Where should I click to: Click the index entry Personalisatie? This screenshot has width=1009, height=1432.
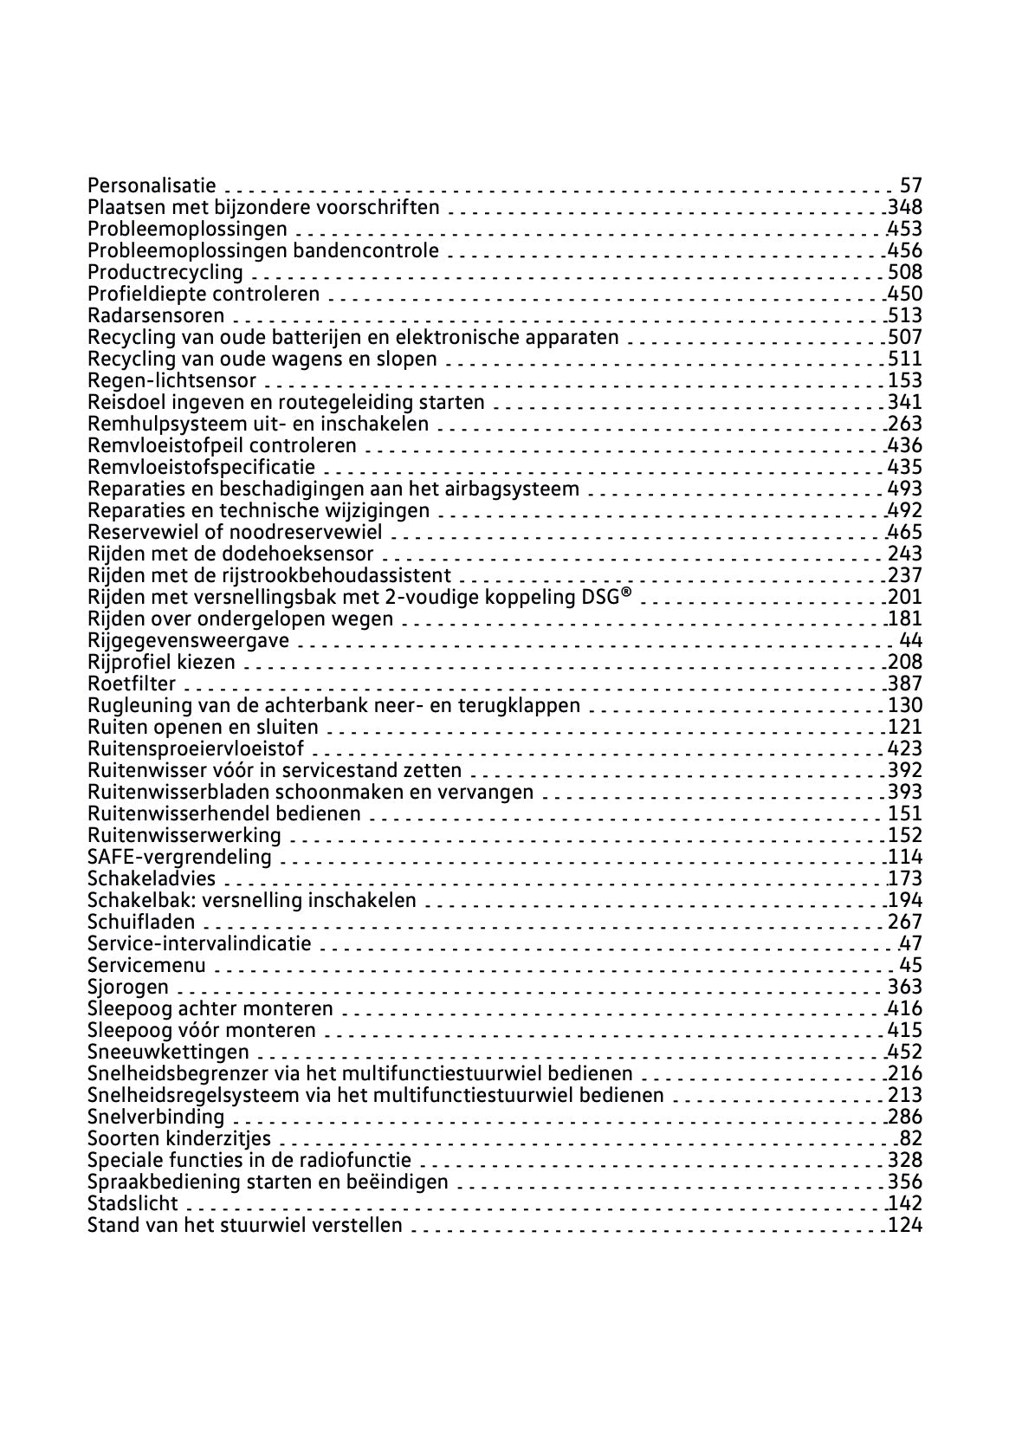152,185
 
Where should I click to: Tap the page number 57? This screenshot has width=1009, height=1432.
911,185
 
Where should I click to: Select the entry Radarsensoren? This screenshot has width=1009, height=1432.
156,315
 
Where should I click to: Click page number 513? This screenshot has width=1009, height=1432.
906,315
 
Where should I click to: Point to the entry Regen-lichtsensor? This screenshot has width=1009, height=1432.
172,380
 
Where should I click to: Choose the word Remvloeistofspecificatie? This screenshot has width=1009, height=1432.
202,467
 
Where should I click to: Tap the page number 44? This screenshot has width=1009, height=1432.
911,640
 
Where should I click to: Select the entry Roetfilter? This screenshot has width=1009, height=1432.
132,684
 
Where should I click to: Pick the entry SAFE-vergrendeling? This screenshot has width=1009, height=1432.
179,857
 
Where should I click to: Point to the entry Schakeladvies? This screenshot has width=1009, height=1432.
152,878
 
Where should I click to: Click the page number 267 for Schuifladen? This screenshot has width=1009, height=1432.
906,922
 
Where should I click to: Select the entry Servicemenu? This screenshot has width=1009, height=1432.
147,965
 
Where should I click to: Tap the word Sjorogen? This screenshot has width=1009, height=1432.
128,987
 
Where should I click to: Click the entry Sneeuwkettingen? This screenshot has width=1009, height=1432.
168,1052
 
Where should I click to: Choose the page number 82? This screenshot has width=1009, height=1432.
911,1138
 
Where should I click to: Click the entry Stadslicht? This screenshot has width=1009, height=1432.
133,1203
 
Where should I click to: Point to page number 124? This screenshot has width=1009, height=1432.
906,1225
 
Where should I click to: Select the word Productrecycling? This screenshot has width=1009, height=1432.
165,272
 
